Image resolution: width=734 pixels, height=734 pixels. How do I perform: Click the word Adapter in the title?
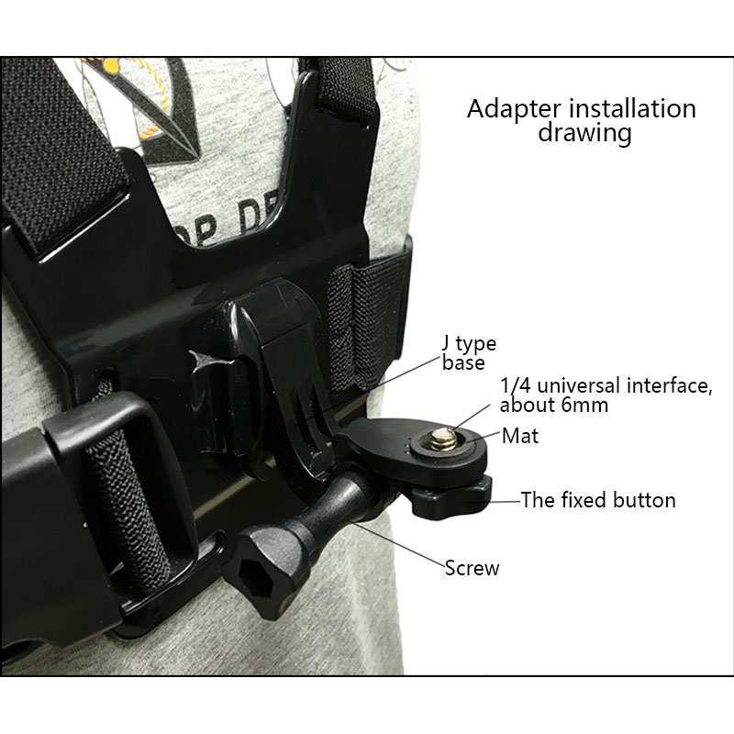coord(514,109)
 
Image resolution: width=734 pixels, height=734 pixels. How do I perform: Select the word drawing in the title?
coord(584,133)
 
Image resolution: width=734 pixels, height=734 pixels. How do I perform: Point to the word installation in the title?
coord(632,108)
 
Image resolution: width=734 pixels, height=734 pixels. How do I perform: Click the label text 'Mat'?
coord(519,436)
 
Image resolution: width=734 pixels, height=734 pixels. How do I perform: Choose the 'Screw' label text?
coord(472,568)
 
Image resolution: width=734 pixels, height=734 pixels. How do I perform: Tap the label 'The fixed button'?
coord(598,500)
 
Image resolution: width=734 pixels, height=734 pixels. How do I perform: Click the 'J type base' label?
coord(469,353)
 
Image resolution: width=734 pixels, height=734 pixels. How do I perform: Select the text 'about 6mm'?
coord(554,405)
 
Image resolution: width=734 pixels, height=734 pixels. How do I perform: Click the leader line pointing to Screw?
coord(398,544)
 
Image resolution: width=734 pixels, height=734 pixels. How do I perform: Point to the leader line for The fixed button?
coord(505,501)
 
